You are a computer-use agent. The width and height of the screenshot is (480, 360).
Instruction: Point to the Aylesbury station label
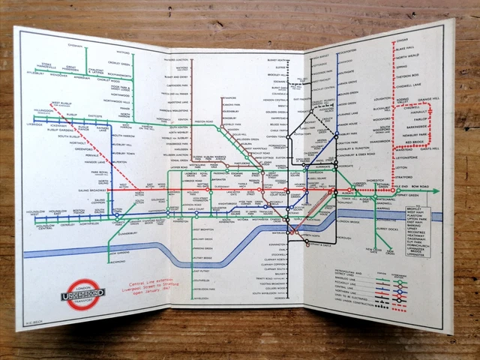[x=34, y=73]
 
